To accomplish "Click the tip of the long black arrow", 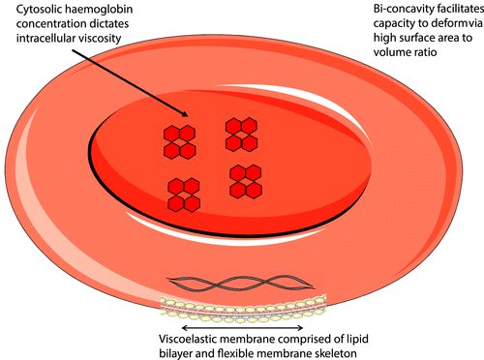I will [x=189, y=131].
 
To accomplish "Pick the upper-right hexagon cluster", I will [x=239, y=134].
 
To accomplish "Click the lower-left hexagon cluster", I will [x=184, y=194].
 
